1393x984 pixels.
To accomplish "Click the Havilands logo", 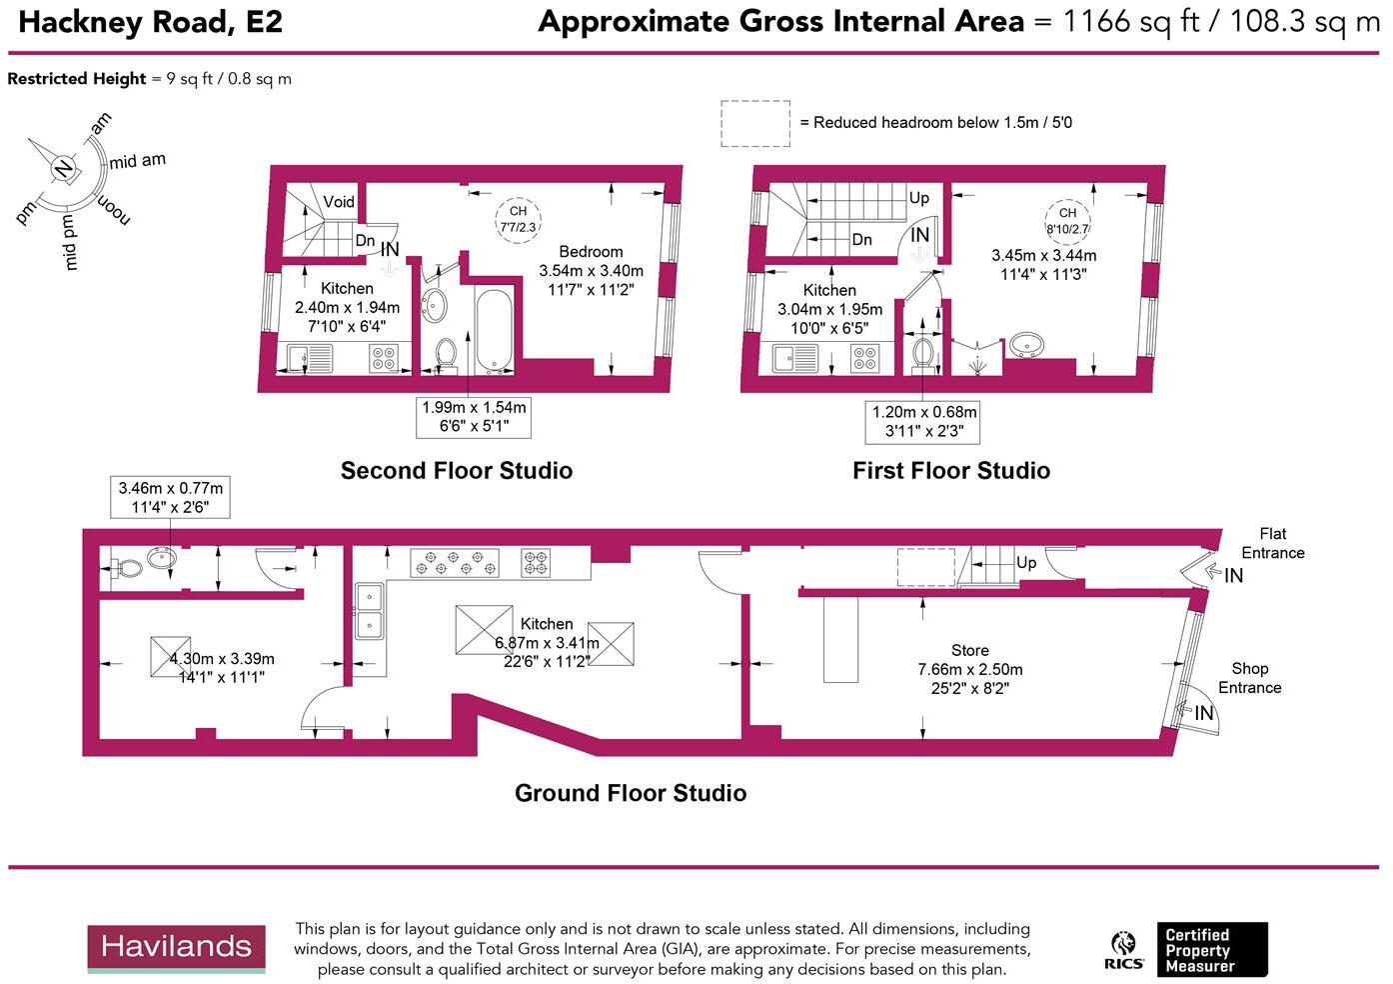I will [x=176, y=948].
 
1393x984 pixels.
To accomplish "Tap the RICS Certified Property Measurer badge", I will [x=1186, y=950].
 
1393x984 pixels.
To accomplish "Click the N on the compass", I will [x=63, y=167].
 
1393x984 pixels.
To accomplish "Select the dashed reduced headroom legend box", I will [x=755, y=123].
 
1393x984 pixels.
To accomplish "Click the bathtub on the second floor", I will [x=495, y=330].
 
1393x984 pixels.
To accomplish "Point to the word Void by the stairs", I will [x=339, y=202].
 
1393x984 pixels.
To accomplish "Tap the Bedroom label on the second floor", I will [x=591, y=252].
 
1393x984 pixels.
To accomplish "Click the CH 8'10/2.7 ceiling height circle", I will [x=1067, y=220].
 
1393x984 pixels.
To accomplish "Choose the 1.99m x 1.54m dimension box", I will [x=474, y=417].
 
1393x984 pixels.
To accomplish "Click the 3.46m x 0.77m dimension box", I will [x=170, y=497].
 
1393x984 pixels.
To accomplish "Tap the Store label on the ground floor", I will [x=969, y=650].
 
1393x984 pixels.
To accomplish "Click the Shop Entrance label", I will [x=1249, y=678].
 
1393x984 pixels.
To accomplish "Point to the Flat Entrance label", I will [x=1272, y=543].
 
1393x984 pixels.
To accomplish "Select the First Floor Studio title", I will [x=950, y=471].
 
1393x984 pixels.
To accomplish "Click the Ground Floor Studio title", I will [x=631, y=793].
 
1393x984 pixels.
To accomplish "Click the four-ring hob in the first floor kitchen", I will [x=864, y=357].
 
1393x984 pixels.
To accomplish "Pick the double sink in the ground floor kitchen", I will [x=368, y=611].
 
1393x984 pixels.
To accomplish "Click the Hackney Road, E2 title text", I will [x=150, y=22].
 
